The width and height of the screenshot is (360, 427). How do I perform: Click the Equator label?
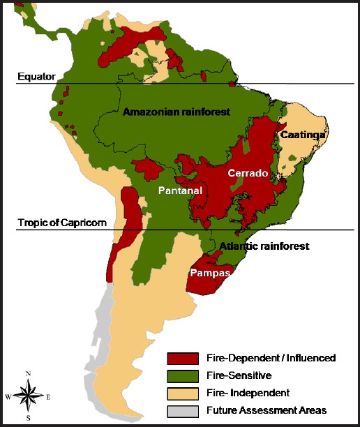point(36,76)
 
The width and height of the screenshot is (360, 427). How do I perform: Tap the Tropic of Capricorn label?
point(62,223)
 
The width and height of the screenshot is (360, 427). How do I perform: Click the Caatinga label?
point(299,136)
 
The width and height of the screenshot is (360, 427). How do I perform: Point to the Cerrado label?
point(248,174)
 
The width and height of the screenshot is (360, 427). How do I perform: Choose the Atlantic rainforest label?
point(264,246)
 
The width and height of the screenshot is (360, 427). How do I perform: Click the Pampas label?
point(210,273)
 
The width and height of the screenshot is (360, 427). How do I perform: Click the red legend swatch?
point(183,358)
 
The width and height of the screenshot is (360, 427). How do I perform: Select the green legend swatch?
point(183,375)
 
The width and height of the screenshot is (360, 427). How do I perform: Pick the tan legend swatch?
point(183,393)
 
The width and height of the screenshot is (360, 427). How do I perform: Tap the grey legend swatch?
point(183,410)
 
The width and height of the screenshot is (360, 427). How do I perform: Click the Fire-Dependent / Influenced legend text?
point(271,358)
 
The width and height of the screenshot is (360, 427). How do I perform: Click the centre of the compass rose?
point(28,396)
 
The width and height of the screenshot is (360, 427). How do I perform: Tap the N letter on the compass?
point(28,374)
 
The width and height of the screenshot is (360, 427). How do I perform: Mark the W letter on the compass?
point(8,397)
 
